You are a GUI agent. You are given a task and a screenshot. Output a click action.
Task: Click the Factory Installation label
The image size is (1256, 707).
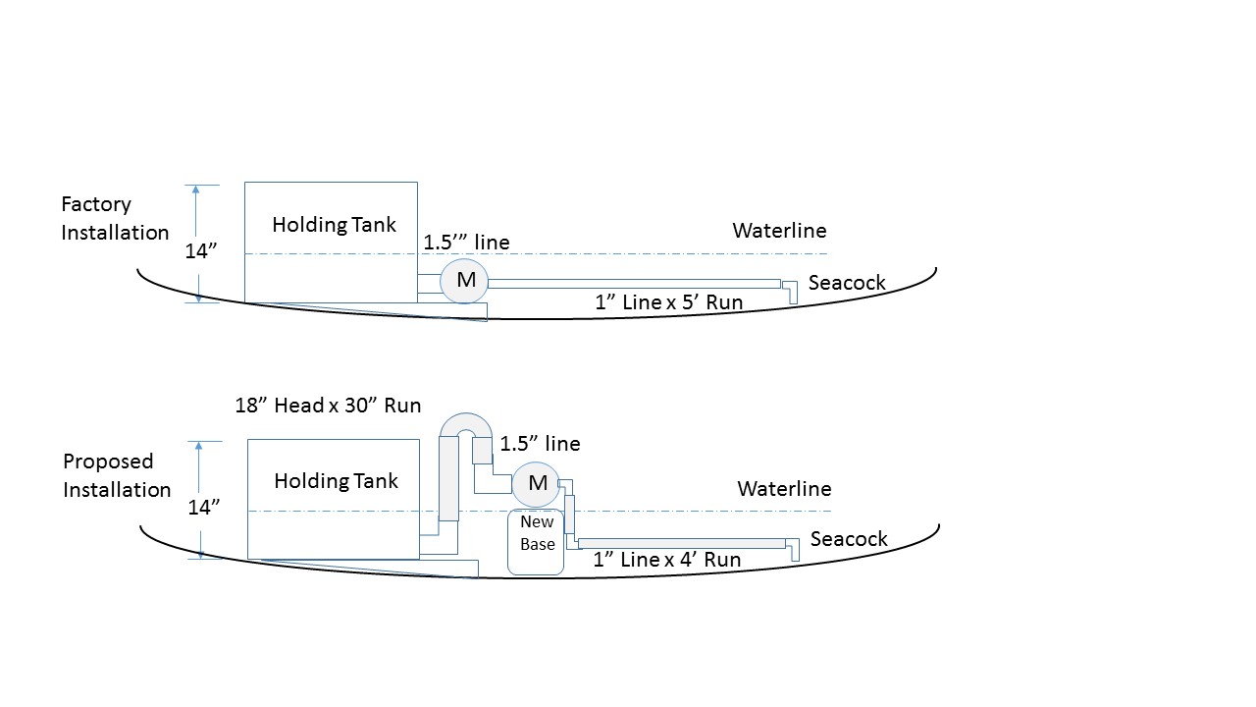click(x=115, y=218)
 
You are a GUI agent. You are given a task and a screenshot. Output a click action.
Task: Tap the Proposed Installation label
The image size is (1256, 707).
click(x=117, y=475)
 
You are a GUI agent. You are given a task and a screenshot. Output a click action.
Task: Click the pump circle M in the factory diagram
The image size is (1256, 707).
click(x=464, y=281)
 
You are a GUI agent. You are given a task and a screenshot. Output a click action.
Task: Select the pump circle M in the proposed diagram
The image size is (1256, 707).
click(x=536, y=484)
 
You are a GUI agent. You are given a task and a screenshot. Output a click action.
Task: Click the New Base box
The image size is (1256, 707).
click(x=536, y=542)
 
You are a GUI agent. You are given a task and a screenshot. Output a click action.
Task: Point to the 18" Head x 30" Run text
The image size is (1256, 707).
click(x=328, y=406)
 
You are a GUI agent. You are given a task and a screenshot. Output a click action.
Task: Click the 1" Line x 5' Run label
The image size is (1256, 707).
click(x=668, y=302)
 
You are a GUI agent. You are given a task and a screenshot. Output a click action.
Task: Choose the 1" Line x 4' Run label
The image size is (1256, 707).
click(x=666, y=560)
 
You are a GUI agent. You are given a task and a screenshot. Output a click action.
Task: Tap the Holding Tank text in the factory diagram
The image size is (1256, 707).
click(x=334, y=225)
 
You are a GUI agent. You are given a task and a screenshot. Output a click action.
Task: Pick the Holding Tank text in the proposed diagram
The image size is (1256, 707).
click(x=336, y=481)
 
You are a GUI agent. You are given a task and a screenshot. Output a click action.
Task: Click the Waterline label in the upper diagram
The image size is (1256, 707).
click(x=779, y=231)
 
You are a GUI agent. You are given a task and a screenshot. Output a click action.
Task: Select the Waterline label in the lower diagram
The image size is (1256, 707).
click(x=784, y=489)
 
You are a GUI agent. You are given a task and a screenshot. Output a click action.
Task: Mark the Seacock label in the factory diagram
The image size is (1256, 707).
click(x=847, y=282)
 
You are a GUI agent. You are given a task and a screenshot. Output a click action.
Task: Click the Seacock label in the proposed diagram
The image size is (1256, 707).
click(x=849, y=539)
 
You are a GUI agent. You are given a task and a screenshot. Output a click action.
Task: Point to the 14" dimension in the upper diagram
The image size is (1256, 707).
click(x=201, y=250)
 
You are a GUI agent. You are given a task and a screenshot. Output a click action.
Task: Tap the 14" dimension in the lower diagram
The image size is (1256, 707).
click(x=203, y=508)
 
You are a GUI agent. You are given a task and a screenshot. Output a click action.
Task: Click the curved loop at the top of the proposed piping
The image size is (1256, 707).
click(x=466, y=420)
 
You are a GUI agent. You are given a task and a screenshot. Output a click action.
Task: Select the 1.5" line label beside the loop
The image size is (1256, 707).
click(x=540, y=444)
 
